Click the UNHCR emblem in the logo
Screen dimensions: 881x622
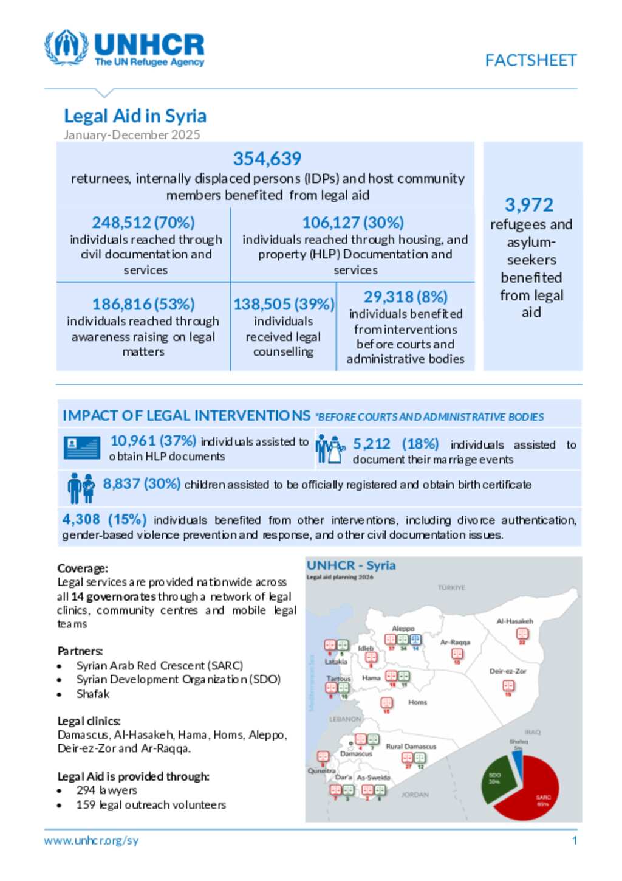click(x=66, y=47)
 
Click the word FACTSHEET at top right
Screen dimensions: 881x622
click(x=530, y=60)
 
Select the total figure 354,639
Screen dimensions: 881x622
click(x=267, y=159)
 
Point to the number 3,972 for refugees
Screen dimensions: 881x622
click(x=529, y=205)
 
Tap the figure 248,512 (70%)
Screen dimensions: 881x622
click(x=143, y=223)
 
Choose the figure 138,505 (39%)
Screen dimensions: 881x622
click(x=284, y=304)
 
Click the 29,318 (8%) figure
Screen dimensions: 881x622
click(x=405, y=297)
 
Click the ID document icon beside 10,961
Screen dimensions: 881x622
click(x=81, y=447)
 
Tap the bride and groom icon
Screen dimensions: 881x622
click(x=330, y=450)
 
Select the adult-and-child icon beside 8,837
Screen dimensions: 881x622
click(x=81, y=488)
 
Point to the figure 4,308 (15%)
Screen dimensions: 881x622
click(x=104, y=519)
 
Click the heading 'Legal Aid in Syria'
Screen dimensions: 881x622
click(x=135, y=116)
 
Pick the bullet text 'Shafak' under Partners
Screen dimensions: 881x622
click(x=93, y=694)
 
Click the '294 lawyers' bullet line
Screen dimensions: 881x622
click(x=107, y=790)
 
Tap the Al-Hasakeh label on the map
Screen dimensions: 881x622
click(x=514, y=621)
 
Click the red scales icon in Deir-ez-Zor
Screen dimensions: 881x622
click(x=508, y=686)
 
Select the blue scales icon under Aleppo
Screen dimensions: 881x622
click(x=415, y=640)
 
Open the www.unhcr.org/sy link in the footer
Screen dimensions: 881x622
click(x=91, y=840)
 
